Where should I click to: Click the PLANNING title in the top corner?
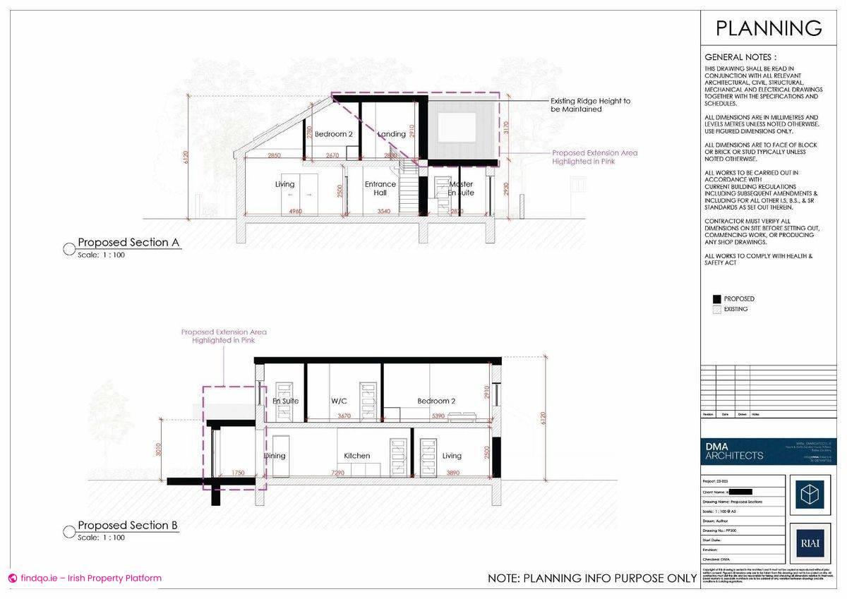[769, 28]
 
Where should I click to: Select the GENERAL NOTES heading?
[740, 57]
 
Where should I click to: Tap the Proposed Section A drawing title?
[128, 243]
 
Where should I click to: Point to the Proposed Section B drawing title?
[128, 526]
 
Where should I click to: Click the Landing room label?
[392, 134]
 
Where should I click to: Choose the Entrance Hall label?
[380, 188]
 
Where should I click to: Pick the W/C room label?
[340, 401]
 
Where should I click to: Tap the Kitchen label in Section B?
[357, 456]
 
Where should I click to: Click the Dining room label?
[275, 456]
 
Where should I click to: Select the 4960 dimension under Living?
[297, 211]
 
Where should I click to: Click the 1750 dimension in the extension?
[237, 472]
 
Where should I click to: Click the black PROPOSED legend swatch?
[717, 299]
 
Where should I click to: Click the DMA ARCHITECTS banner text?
[734, 451]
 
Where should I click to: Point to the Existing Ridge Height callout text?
[591, 105]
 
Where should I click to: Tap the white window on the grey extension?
[457, 127]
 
